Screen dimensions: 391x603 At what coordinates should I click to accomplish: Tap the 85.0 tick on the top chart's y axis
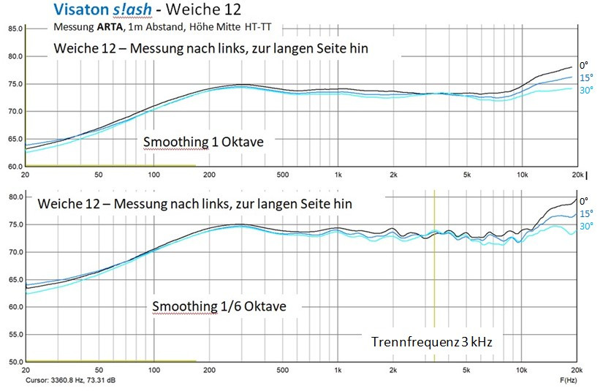pyautogui.click(x=15, y=29)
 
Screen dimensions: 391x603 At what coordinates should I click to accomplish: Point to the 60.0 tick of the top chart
pyautogui.click(x=15, y=166)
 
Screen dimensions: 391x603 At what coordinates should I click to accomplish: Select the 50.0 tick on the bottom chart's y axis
pyautogui.click(x=15, y=362)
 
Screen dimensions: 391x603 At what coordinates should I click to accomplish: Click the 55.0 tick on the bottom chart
pyautogui.click(x=15, y=335)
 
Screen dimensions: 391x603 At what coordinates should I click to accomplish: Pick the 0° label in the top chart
pyautogui.click(x=583, y=65)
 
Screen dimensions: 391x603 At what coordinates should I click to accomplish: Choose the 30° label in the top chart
pyautogui.click(x=585, y=90)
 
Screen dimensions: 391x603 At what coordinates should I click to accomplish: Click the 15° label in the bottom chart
pyautogui.click(x=585, y=213)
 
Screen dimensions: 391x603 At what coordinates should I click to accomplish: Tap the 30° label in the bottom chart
pyautogui.click(x=585, y=227)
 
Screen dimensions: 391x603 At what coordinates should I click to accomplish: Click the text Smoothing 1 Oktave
pyautogui.click(x=202, y=142)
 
